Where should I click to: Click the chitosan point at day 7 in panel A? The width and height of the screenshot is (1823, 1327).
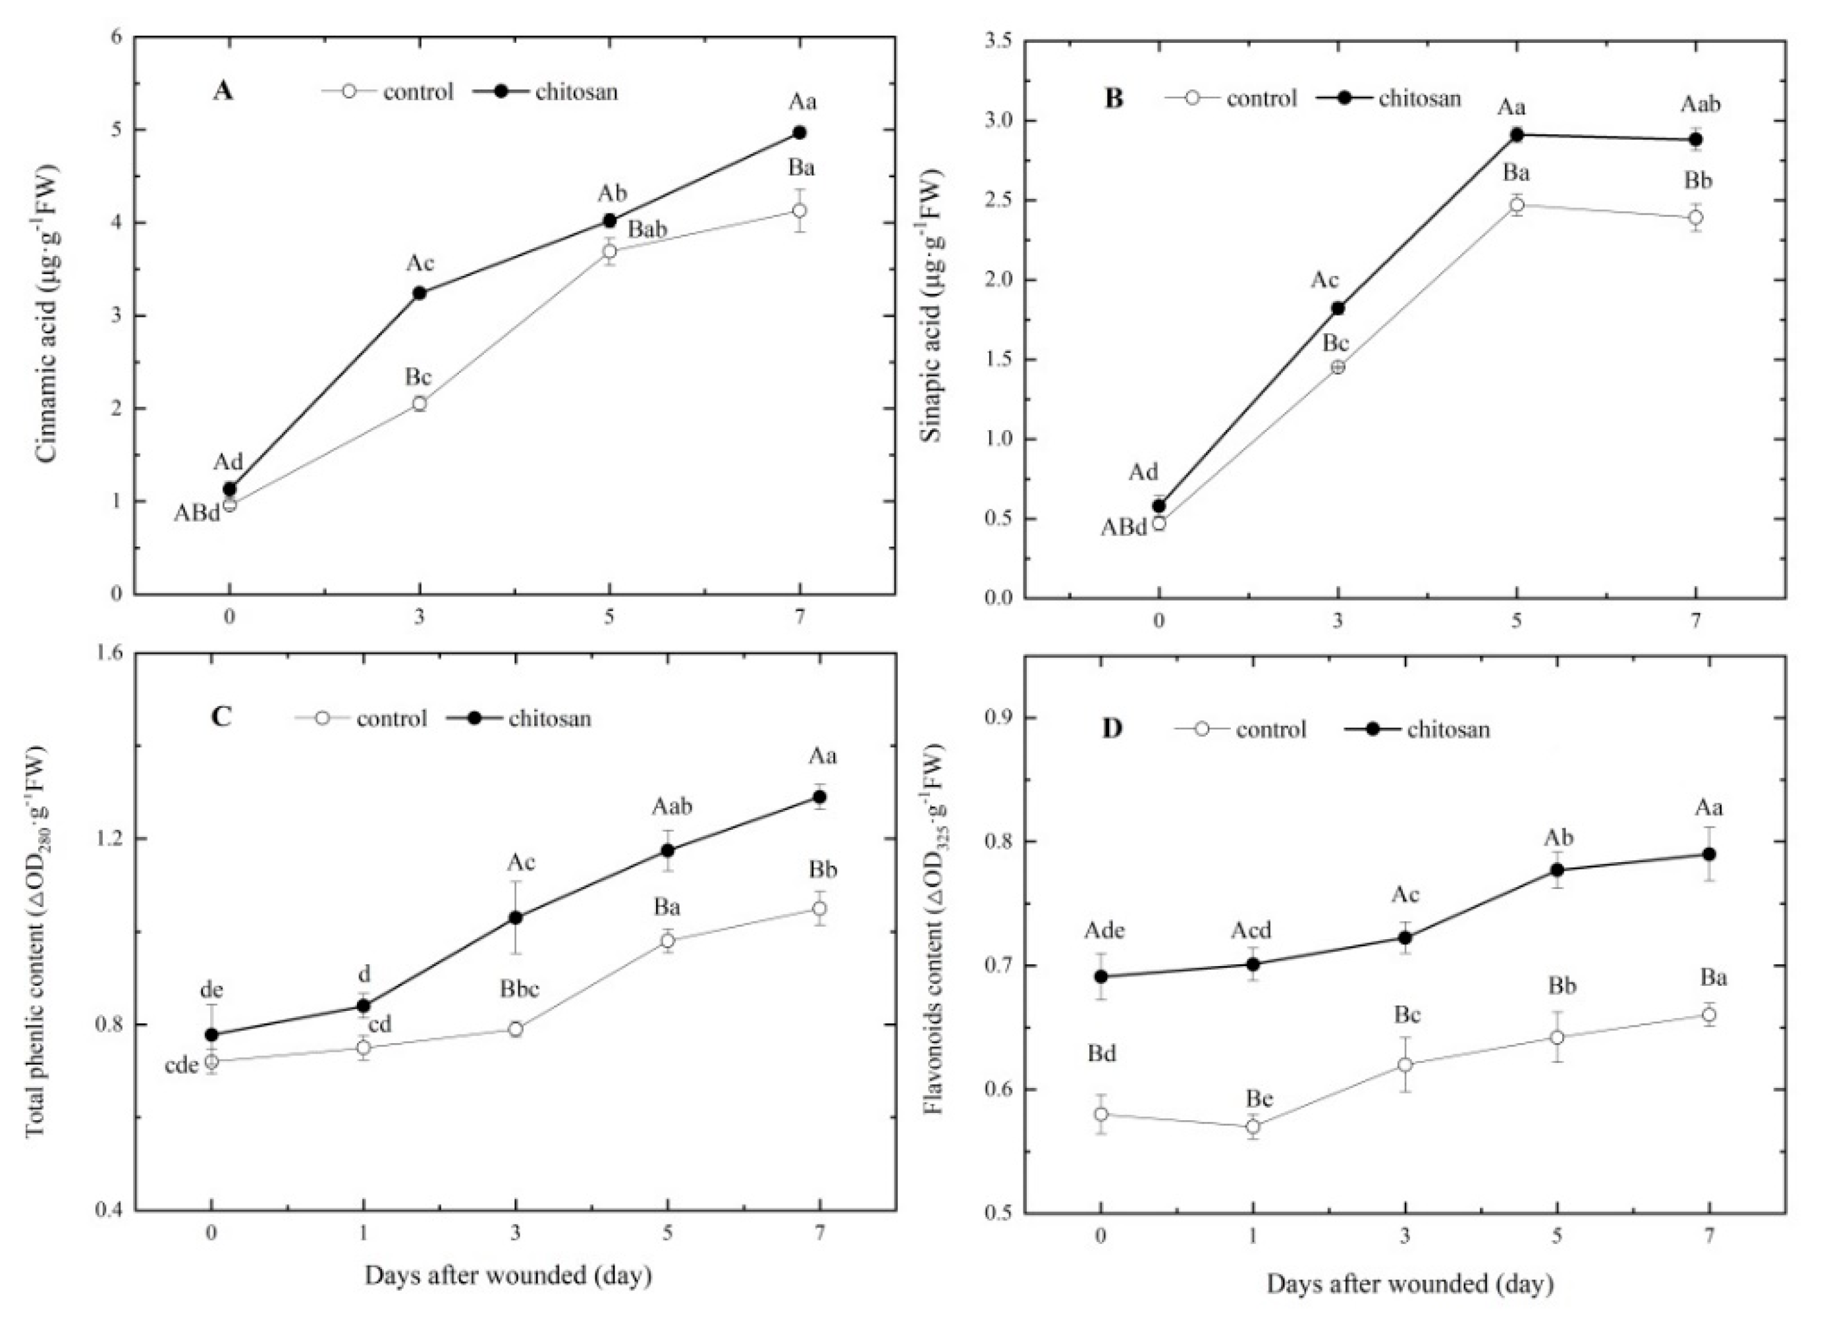point(799,132)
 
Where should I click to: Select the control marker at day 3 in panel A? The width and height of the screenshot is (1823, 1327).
point(419,404)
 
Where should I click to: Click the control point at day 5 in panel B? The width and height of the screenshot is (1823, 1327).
point(1516,205)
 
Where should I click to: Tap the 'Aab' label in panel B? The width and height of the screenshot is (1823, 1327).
point(1700,105)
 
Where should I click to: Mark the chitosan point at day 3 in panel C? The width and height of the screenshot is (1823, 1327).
point(515,917)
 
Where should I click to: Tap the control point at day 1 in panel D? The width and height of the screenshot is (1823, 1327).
point(1252,1126)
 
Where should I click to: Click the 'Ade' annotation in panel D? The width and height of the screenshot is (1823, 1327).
point(1104,931)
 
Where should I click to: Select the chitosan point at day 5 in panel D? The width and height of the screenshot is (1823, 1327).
point(1557,870)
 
